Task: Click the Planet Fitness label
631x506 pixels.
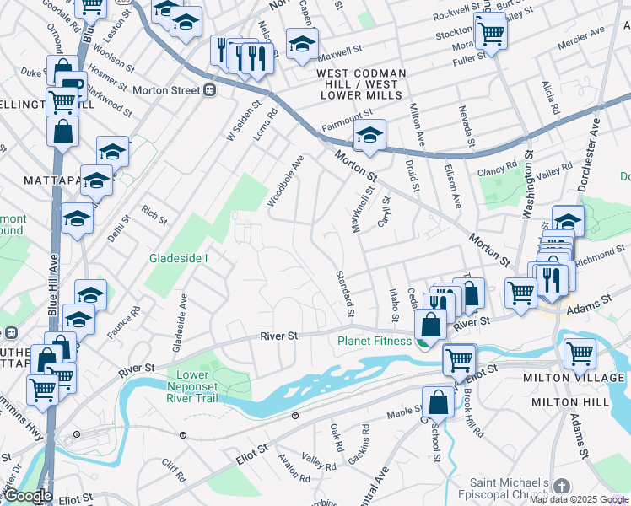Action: [x=375, y=342]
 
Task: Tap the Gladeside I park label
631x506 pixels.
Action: [x=178, y=258]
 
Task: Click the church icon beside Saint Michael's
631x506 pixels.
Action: [x=562, y=487]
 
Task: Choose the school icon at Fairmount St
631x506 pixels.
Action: [x=369, y=133]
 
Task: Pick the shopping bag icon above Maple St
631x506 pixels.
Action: [x=439, y=402]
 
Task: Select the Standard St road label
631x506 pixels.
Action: [x=343, y=293]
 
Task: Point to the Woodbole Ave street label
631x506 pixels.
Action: [x=285, y=180]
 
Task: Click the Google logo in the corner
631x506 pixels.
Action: [x=28, y=497]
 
